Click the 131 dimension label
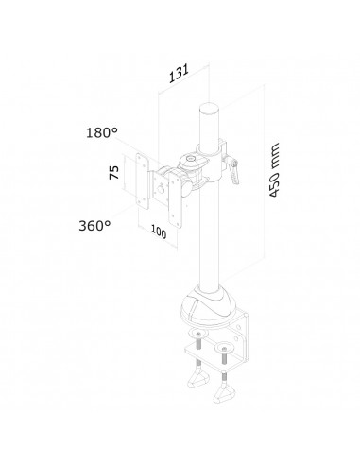coord(179,74)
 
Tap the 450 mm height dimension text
coord(274,170)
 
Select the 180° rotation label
coord(102,132)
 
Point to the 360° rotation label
coord(94,226)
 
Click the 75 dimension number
coord(114,172)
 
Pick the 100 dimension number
coord(159,232)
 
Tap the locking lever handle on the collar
coord(233,172)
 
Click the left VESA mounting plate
coord(143,181)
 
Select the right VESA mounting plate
coord(176,200)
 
